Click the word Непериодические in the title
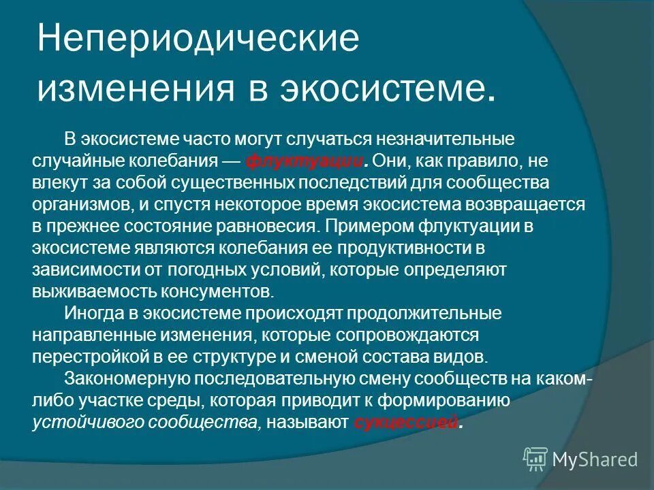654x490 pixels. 198,39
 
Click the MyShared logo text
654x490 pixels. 595,459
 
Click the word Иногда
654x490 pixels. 91,314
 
